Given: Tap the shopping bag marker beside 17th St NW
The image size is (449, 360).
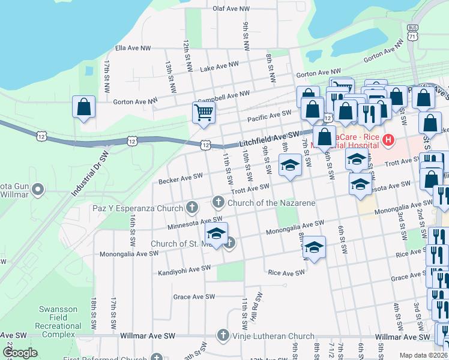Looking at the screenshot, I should pyautogui.click(x=84, y=107).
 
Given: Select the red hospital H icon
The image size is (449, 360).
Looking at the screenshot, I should pyautogui.click(x=388, y=140).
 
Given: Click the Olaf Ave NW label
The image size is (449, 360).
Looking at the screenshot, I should pyautogui.click(x=231, y=9).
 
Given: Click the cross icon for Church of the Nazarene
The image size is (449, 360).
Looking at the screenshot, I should pyautogui.click(x=218, y=200).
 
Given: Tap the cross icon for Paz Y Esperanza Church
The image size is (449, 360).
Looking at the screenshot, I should pyautogui.click(x=192, y=208).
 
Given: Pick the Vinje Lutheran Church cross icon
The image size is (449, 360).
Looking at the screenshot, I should pyautogui.click(x=223, y=335).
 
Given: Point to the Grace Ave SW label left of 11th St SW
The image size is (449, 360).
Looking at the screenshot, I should pyautogui.click(x=193, y=296).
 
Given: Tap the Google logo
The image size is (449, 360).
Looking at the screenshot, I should pyautogui.click(x=20, y=353).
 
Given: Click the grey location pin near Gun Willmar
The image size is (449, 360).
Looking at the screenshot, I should pyautogui.click(x=38, y=190).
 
